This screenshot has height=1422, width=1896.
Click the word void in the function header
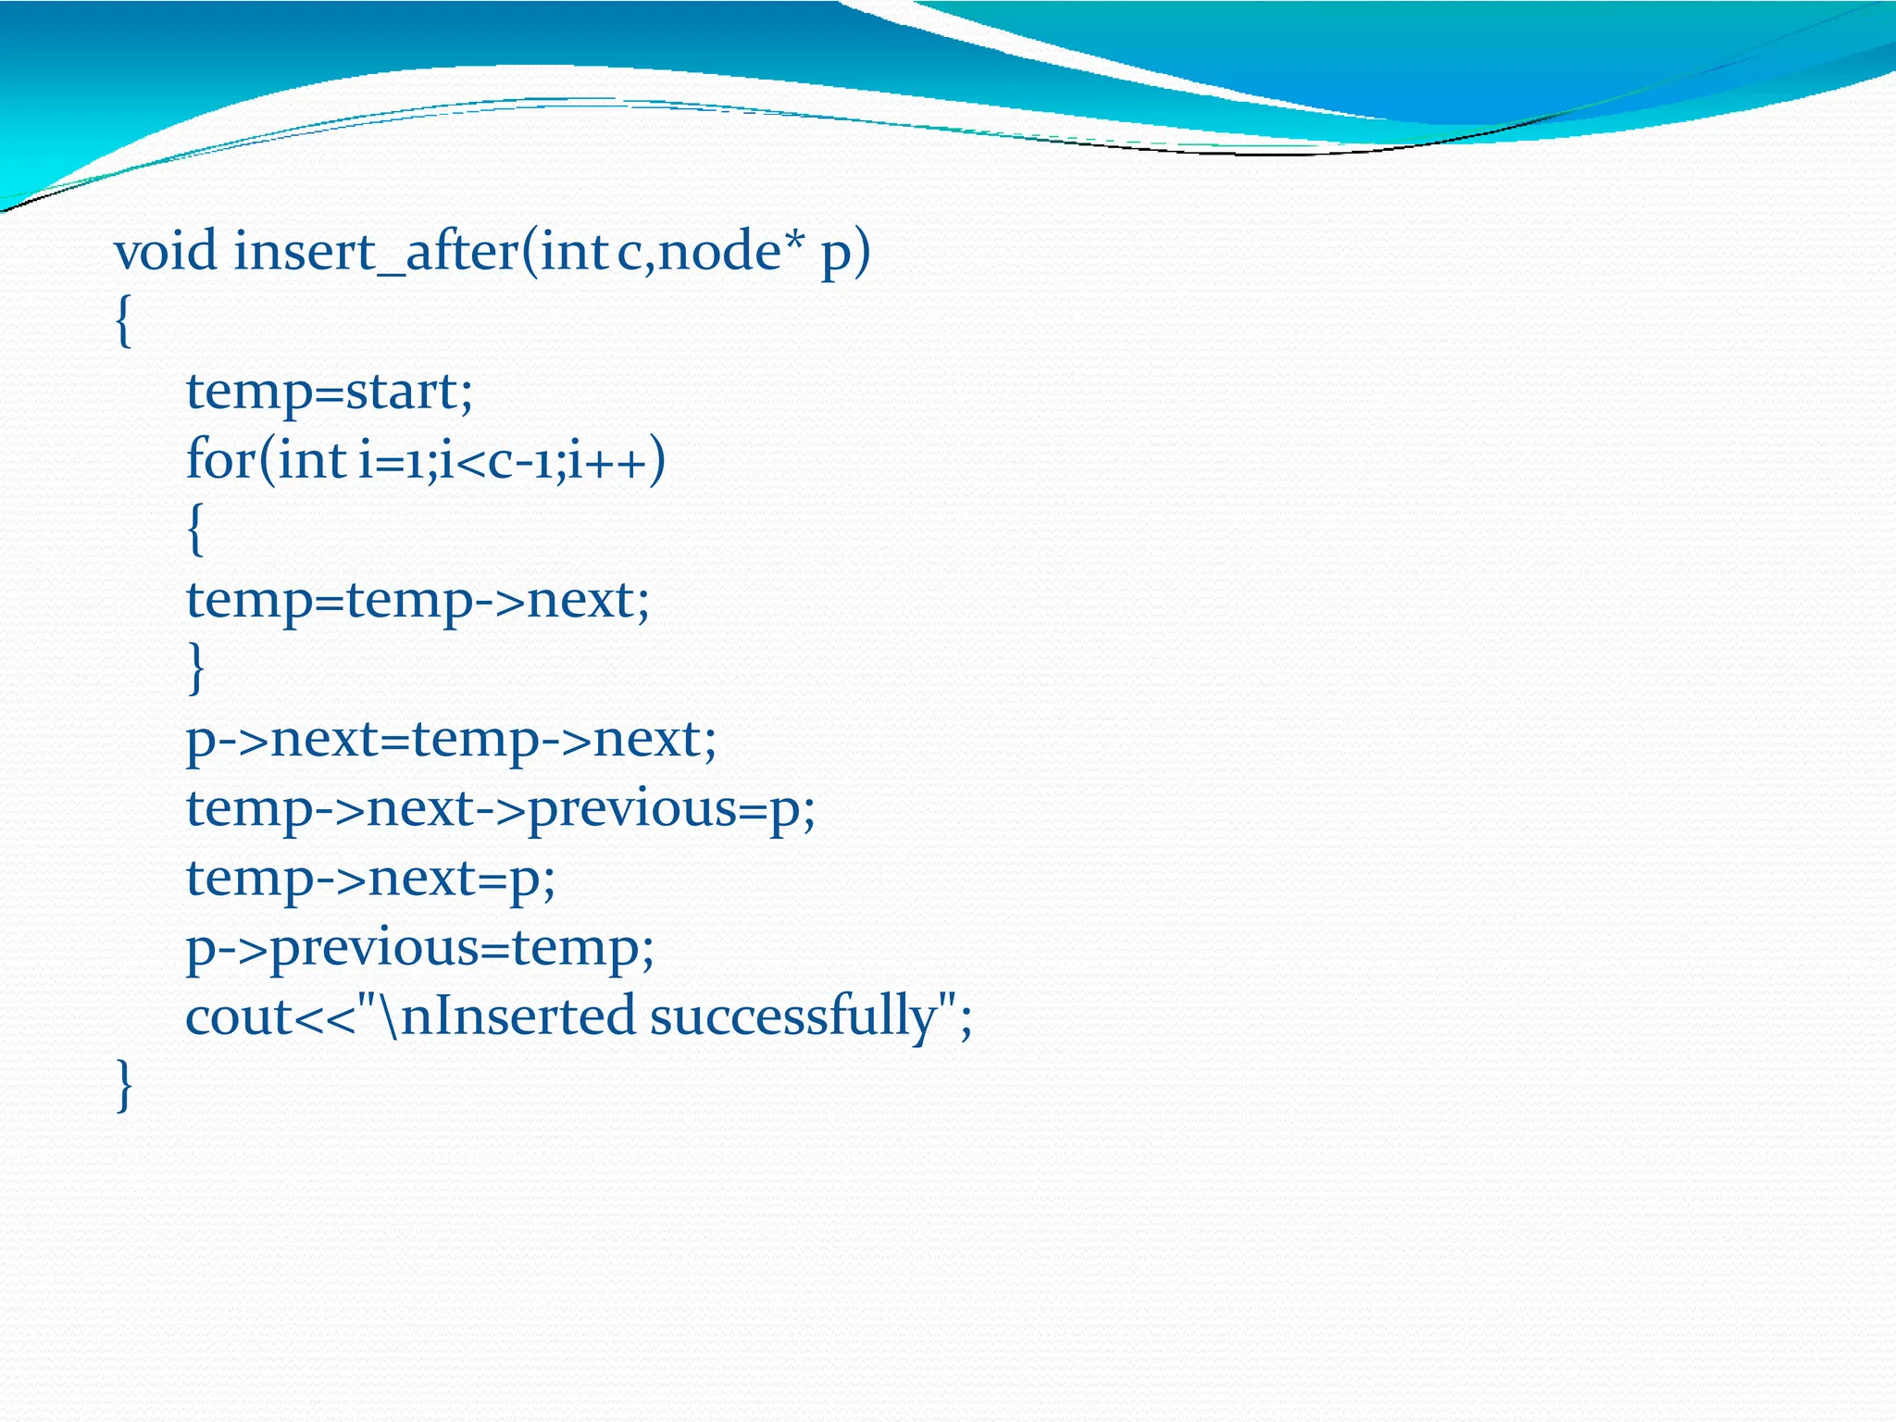pos(165,252)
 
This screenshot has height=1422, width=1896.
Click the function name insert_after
pos(376,252)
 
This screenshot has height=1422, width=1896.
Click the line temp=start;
pos(330,392)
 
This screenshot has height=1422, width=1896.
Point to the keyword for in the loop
pos(220,459)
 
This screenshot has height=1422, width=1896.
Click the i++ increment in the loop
pos(607,461)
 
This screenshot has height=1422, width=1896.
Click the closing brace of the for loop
pos(194,668)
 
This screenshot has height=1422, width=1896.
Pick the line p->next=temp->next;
pos(451,740)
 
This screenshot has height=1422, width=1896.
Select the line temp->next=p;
pos(370,879)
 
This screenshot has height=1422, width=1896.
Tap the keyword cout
pos(238,1017)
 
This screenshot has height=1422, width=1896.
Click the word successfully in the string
pos(793,1017)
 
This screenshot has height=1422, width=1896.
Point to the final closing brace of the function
pos(124,1085)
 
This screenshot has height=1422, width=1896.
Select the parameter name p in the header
pos(835,254)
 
